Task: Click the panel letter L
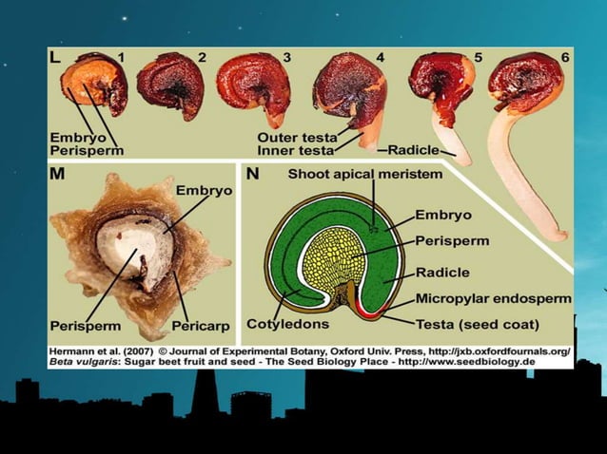(x=55, y=58)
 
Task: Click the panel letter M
(x=57, y=174)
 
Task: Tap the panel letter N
(x=252, y=174)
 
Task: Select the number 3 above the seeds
(x=286, y=58)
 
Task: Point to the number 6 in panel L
(x=565, y=58)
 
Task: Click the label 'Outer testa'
(x=297, y=138)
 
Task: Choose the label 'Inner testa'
(x=295, y=150)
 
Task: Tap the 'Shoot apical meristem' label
(x=365, y=174)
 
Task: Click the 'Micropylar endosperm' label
(x=494, y=298)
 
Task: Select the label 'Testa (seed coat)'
(x=478, y=324)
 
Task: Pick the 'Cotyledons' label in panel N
(x=287, y=324)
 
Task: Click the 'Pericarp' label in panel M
(x=201, y=326)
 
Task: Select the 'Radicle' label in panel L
(x=414, y=150)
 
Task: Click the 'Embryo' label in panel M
(x=204, y=191)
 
